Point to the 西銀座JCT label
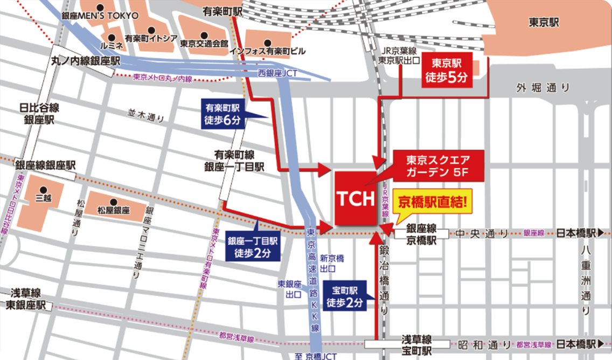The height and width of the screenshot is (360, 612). click(277, 73)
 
